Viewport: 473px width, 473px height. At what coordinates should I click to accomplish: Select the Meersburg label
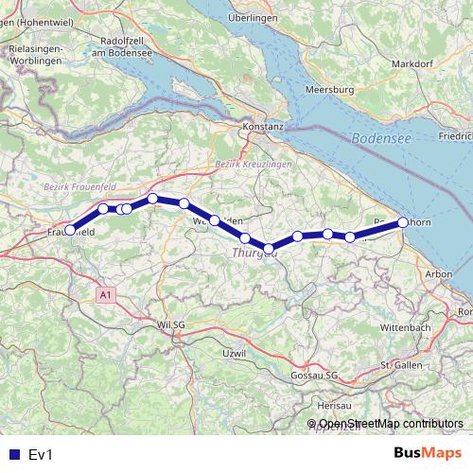(x=329, y=89)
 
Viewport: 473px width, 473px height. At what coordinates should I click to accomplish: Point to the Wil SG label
(x=170, y=324)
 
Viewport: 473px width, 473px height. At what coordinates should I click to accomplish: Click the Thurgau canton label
(x=254, y=253)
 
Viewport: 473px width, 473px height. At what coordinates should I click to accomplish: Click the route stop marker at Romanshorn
(x=403, y=222)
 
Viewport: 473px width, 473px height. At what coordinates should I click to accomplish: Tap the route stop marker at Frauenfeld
(x=70, y=230)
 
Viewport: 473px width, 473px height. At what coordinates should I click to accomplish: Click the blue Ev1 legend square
(x=14, y=455)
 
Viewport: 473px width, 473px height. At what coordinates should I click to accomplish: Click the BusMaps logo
(x=429, y=454)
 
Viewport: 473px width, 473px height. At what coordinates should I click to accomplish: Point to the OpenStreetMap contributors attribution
(x=390, y=424)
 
